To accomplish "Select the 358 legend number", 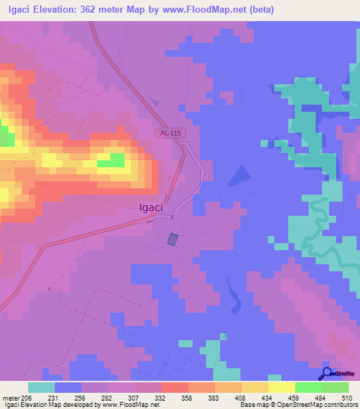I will (x=188, y=398).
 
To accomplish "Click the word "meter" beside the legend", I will (x=10, y=398).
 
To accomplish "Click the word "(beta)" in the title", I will (x=257, y=9).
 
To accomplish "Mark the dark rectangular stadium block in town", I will (x=173, y=240).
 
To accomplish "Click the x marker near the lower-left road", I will (x=49, y=289).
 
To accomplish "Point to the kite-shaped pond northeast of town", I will (x=240, y=174).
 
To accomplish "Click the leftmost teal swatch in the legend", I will (x=41, y=387).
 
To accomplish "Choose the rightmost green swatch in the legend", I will (x=335, y=387).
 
